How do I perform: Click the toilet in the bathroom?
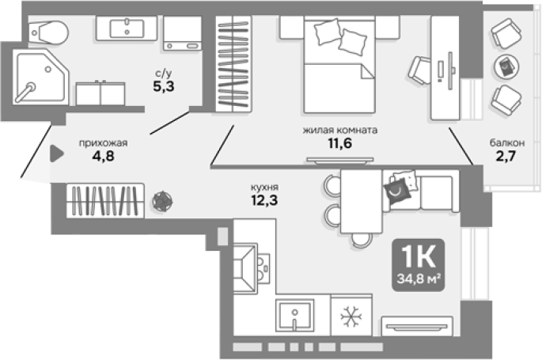click(48, 32)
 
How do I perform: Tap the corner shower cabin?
click(41, 77)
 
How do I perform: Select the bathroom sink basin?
click(127, 28)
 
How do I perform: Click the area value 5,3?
click(164, 86)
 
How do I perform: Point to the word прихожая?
click(104, 142)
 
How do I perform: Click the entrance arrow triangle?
click(57, 153)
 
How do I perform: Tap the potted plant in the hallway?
click(162, 201)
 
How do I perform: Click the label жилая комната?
click(340, 131)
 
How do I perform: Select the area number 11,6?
click(340, 142)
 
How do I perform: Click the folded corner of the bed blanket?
click(368, 71)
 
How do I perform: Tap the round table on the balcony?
click(506, 66)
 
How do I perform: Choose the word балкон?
click(507, 142)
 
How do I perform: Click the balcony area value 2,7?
click(506, 156)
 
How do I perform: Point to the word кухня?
click(264, 188)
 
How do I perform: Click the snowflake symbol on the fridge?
click(351, 316)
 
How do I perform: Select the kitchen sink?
click(294, 316)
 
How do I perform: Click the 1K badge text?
click(418, 256)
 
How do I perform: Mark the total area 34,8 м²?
click(419, 279)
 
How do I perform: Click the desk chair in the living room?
click(419, 71)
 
